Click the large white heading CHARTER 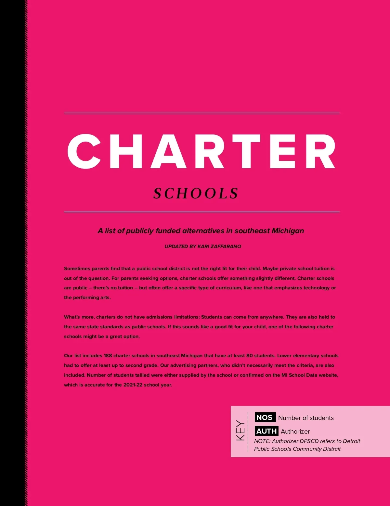click(201, 151)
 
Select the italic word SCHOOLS click(196, 194)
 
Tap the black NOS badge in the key click(265, 417)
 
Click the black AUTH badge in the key click(266, 431)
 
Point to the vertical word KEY click(240, 431)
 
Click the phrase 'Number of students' click(306, 418)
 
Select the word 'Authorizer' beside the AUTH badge click(295, 432)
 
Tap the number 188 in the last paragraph click(108, 356)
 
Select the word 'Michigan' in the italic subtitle click(288, 231)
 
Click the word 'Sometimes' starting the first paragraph click(77, 269)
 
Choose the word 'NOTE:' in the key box click(262, 441)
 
